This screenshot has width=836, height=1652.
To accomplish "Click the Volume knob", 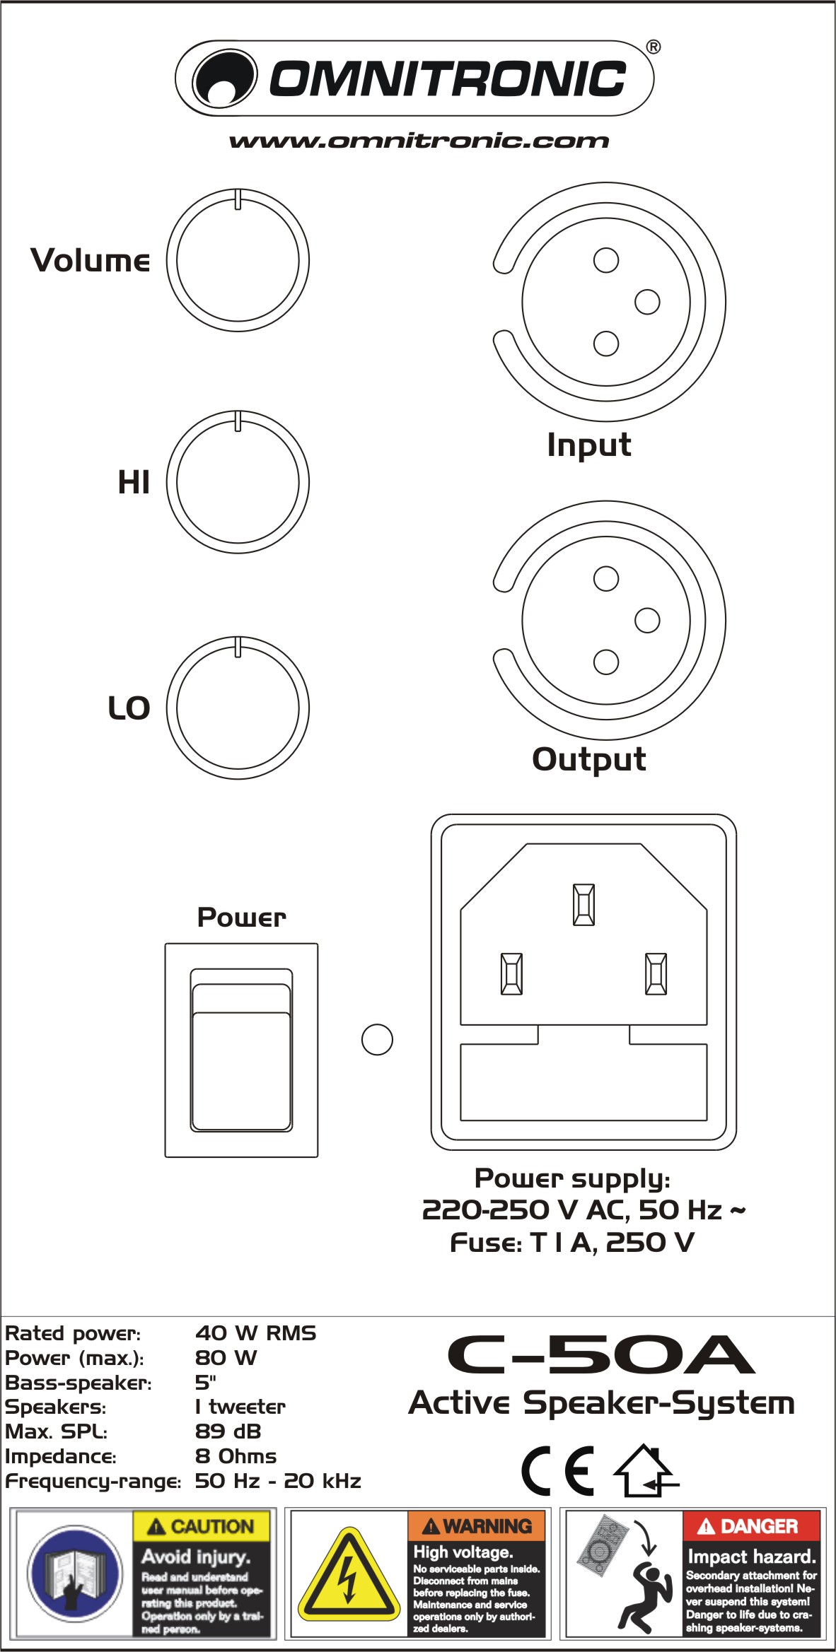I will coord(238,260).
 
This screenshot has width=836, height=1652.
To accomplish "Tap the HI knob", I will coord(238,482).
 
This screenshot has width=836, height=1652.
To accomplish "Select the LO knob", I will coord(238,708).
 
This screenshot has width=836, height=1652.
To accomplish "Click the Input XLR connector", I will coord(606,303).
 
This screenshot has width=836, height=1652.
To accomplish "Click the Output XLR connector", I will coord(606,621).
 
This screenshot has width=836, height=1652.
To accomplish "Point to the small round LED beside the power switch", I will coord(377,1039).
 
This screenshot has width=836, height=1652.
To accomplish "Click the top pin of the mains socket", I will coord(584,904).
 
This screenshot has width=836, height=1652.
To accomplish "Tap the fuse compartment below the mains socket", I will coord(584,1082).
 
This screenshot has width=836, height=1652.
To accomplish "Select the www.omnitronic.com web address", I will coord(419,141).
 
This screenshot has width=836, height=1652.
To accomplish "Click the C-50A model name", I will coord(601,1354).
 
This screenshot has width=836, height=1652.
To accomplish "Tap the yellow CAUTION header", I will coord(202,1526).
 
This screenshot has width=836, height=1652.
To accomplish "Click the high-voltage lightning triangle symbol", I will coord(348,1575).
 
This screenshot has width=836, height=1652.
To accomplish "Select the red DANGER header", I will coord(750,1526).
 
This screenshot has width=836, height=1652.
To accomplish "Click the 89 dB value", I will coord(228,1431).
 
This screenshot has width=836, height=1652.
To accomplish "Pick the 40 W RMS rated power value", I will coord(255,1332).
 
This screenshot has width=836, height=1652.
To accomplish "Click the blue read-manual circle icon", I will coord(74,1574).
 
